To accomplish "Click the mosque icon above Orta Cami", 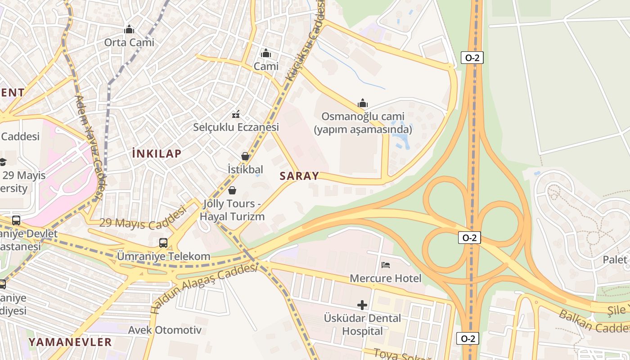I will tap(130, 30).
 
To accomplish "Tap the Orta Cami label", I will tap(129, 42).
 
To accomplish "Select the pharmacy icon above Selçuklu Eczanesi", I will tap(235, 114).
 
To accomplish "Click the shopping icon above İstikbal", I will tap(245, 156).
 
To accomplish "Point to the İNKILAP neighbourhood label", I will tap(157, 153).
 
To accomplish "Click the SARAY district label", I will tap(299, 176).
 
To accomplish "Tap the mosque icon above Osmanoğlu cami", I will tap(363, 103).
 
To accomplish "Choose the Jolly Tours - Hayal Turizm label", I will tap(232, 210).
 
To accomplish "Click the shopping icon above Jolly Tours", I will tap(232, 190).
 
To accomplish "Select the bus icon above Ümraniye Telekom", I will tap(163, 243).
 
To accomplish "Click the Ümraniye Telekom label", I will tap(163, 256).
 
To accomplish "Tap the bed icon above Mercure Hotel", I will tap(386, 265).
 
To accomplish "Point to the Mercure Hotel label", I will tap(386, 279).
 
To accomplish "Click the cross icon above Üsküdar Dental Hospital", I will tap(362, 305).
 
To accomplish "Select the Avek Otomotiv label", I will tap(165, 330).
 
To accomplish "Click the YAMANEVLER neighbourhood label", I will tap(70, 342).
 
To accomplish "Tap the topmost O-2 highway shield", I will tap(472, 58).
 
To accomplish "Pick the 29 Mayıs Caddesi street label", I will tap(143, 218).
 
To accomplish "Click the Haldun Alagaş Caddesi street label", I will tap(205, 288).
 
